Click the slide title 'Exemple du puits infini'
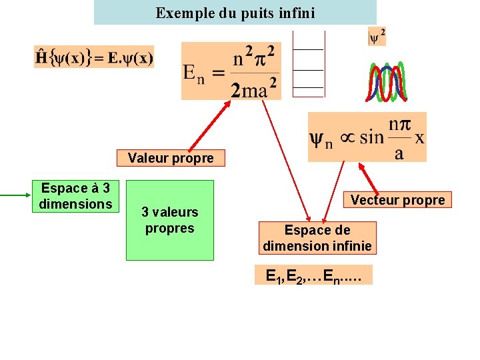coord(235,13)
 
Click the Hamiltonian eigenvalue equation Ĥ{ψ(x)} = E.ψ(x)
coord(94,57)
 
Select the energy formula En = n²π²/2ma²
coord(231,71)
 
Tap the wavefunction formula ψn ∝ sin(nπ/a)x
coord(367,137)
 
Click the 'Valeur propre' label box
coord(171,158)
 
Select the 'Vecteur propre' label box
coord(397,200)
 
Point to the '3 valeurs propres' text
coord(170,220)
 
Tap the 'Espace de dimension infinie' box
coord(317,238)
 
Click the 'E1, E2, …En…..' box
coord(313,275)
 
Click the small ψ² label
coord(377,37)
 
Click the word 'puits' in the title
coord(243,13)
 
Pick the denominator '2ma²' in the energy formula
coord(254,89)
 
